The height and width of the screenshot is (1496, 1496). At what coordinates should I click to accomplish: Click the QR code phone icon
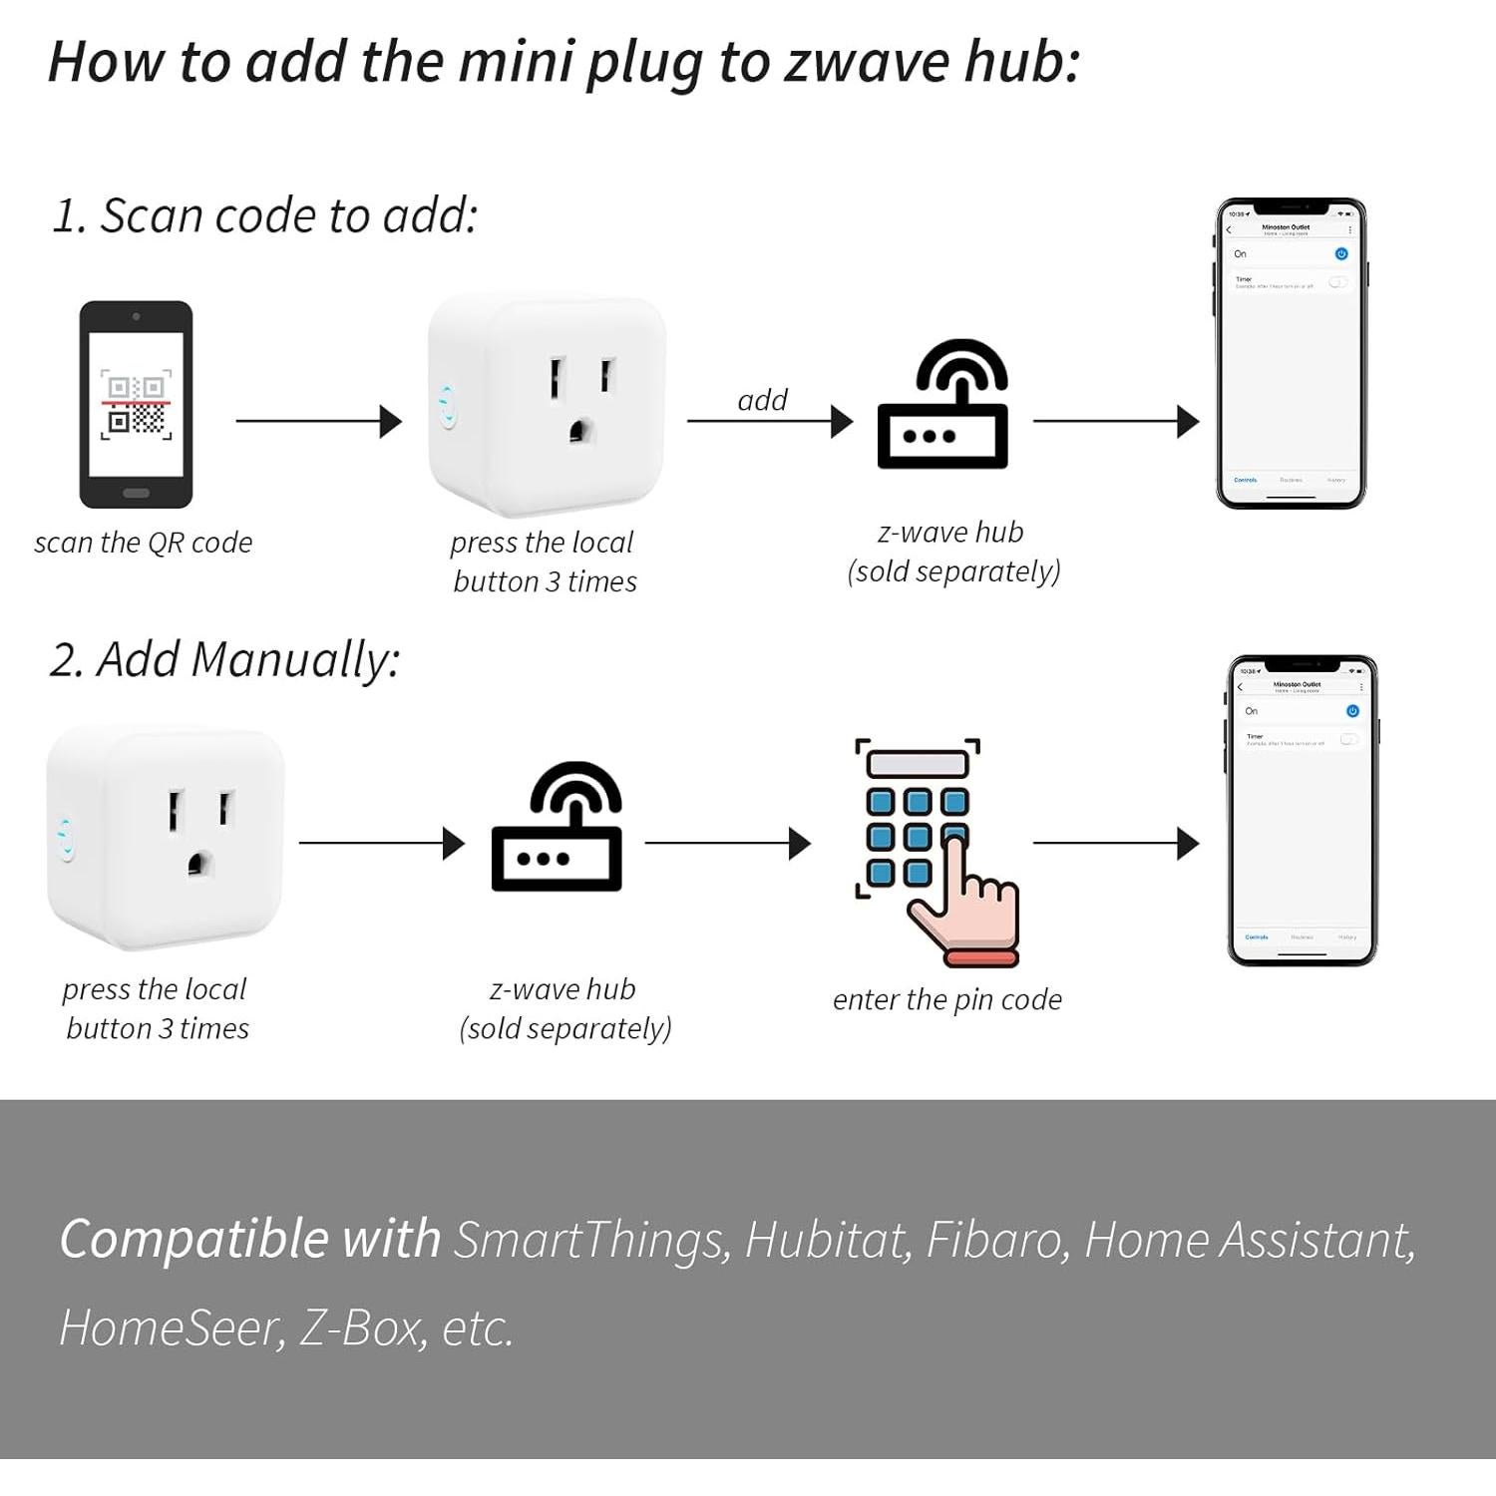pos(137,404)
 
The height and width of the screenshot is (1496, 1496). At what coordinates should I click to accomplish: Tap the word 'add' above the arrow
pos(762,400)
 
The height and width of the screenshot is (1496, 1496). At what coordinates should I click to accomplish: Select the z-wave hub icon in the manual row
pos(558,827)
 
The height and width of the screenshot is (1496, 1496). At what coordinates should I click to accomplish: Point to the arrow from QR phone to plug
pos(318,421)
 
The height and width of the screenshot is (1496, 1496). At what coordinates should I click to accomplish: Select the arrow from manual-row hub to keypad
pos(727,844)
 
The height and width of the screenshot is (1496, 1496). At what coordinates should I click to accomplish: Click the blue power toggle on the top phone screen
pos(1341,254)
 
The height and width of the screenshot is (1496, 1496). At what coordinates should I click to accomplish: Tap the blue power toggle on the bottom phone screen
pos(1352,711)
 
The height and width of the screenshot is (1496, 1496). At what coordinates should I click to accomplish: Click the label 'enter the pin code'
pos(946,999)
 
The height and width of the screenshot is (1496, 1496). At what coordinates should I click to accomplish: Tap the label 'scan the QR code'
pos(144,543)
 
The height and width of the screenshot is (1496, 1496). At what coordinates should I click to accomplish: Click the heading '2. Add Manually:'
pos(225,660)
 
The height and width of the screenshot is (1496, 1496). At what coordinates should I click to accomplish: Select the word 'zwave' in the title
pos(866,62)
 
